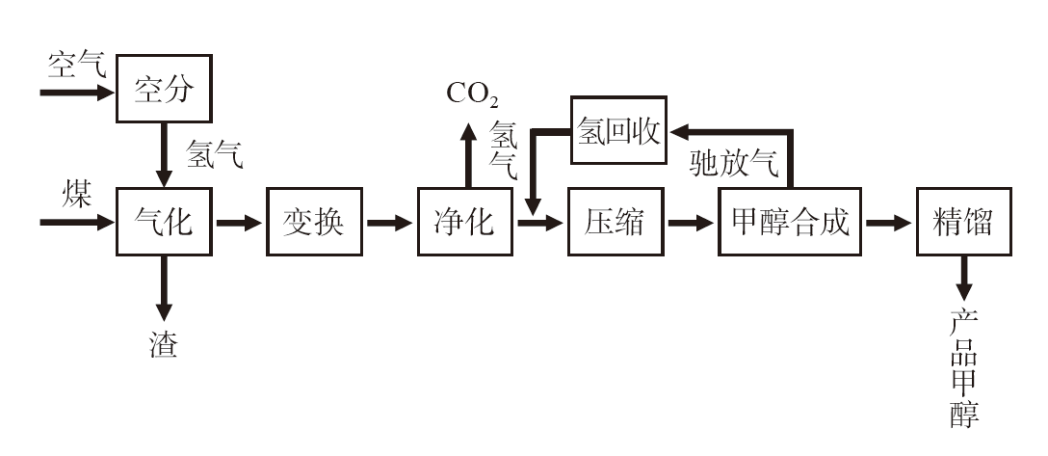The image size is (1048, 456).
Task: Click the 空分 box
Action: (163, 89)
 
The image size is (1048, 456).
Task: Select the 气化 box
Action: (163, 223)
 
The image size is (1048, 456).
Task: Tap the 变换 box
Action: (313, 223)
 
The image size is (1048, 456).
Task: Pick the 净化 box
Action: (464, 223)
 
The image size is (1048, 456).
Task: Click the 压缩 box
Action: (615, 223)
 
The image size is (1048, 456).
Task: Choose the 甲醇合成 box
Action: (789, 223)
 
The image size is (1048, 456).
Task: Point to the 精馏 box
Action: (963, 223)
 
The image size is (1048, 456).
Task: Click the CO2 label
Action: (471, 94)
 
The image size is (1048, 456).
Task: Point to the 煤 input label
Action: (76, 196)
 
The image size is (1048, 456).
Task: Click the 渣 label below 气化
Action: (163, 345)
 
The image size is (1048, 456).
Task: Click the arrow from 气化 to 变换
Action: (238, 223)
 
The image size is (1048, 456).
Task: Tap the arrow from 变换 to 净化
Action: (388, 223)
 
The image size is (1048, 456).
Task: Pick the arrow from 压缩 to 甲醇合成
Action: (691, 223)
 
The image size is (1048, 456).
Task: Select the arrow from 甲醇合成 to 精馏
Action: (887, 223)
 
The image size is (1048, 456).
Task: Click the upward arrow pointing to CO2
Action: (468, 154)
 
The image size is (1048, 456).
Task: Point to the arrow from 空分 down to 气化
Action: (164, 153)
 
